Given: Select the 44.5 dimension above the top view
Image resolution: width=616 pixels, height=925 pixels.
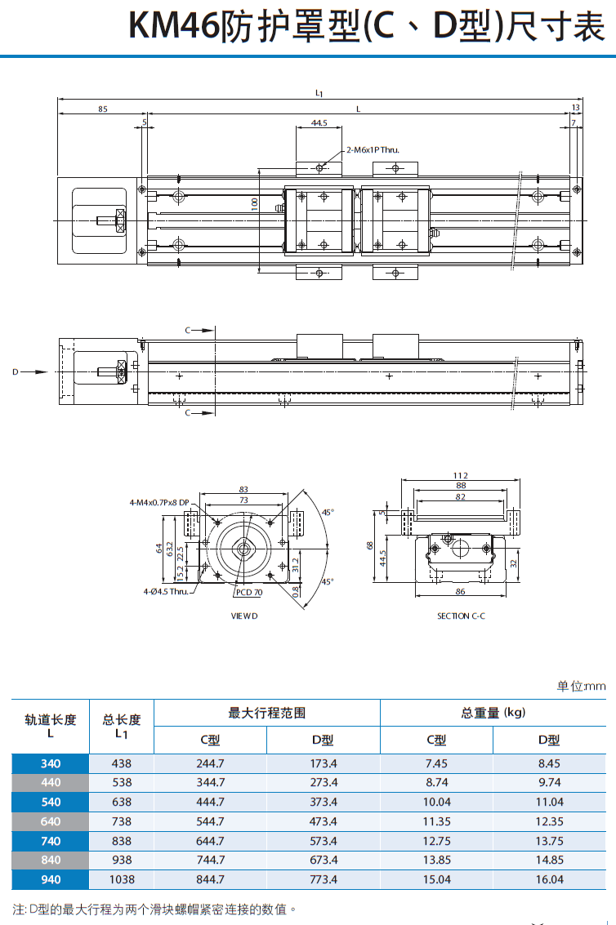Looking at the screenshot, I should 319,123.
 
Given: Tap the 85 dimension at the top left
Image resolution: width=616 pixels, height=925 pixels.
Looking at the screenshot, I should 102,109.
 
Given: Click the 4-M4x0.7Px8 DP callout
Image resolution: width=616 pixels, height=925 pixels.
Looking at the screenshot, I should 159,502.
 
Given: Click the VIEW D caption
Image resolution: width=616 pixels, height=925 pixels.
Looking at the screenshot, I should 243,616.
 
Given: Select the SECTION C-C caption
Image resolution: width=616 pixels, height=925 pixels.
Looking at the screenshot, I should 461,616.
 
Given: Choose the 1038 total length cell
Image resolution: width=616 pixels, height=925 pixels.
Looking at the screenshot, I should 121,880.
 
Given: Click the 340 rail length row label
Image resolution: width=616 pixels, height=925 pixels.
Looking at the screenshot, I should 51,764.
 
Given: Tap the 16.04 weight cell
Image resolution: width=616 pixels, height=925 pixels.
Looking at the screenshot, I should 549,880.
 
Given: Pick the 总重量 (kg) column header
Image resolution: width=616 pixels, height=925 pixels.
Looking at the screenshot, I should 493,713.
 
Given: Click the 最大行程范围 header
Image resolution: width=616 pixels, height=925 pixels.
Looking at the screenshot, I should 266,713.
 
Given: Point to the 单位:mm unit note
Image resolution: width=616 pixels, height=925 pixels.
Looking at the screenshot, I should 581,687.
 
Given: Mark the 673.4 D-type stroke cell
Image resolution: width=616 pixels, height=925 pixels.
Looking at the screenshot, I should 324,861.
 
